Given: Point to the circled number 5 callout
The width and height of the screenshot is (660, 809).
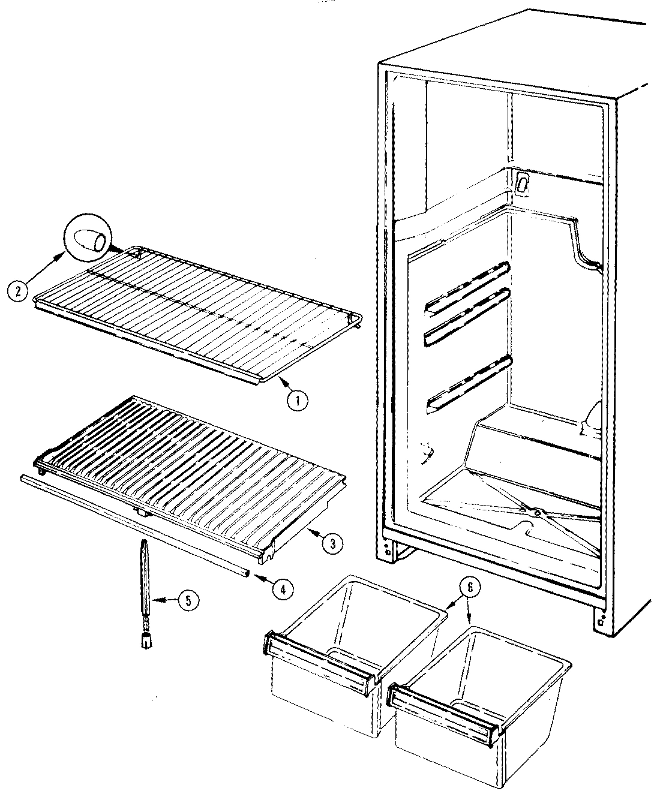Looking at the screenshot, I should point(188,601).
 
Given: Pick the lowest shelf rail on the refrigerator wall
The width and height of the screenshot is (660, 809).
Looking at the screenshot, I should point(468,384).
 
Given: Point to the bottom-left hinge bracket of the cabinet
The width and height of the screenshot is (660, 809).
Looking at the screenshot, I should point(388,548).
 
